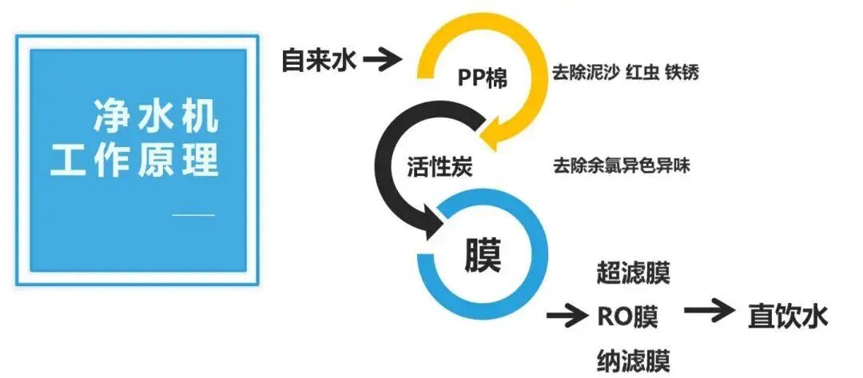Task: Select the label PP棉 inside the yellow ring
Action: pos(482,78)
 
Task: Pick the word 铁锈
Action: pos(682,73)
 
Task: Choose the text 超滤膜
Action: pos(633,273)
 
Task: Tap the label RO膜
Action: pos(627,316)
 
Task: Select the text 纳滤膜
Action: pos(633,360)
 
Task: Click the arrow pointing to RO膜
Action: pos(567,316)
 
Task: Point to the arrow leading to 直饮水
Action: pos(708,312)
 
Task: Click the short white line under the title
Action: pos(194,214)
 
